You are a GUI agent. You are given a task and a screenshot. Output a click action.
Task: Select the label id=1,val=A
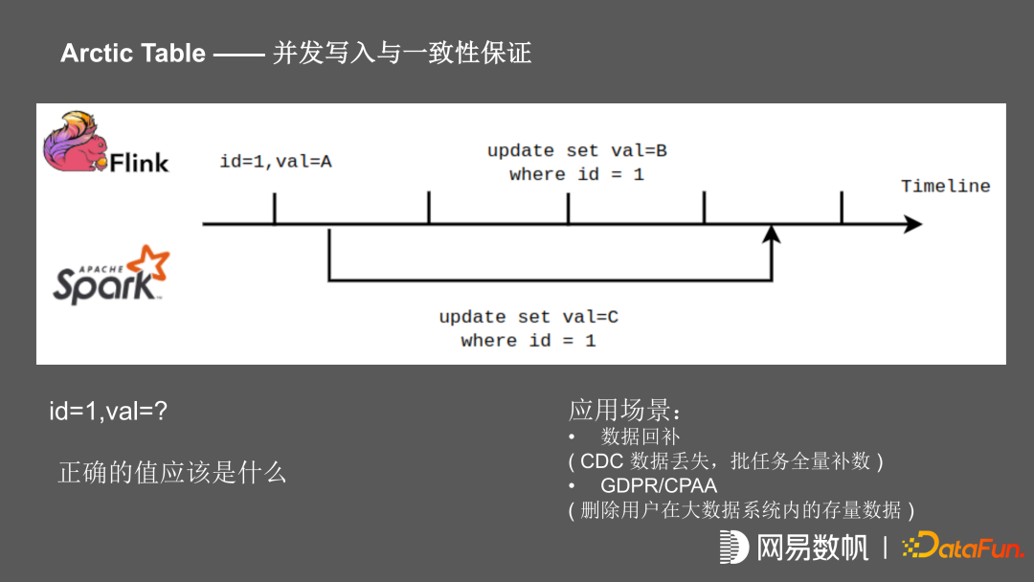tap(276, 161)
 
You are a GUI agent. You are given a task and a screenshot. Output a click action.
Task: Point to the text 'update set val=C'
tap(528, 317)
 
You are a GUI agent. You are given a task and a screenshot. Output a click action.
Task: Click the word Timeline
tap(945, 186)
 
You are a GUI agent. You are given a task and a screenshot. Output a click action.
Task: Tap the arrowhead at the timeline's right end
tap(913, 224)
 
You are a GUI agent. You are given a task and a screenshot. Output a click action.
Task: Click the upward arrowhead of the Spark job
tap(772, 234)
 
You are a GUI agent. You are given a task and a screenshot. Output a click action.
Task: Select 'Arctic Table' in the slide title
tap(133, 53)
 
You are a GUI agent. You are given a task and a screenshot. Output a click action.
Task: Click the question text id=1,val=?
tap(109, 412)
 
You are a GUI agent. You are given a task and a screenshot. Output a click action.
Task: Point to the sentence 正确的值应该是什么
tap(172, 472)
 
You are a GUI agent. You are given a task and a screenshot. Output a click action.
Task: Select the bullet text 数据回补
tap(641, 436)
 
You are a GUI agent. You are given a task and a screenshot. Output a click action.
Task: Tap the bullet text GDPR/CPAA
tap(659, 485)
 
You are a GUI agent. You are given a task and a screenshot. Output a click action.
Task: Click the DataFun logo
tap(963, 547)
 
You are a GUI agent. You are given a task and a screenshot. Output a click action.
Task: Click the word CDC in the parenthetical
tap(602, 461)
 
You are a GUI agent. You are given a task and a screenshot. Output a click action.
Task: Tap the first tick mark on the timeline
tap(275, 209)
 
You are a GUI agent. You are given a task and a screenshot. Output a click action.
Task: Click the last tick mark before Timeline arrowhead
tap(842, 208)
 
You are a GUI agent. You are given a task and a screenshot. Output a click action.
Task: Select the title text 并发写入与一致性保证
tap(402, 53)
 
